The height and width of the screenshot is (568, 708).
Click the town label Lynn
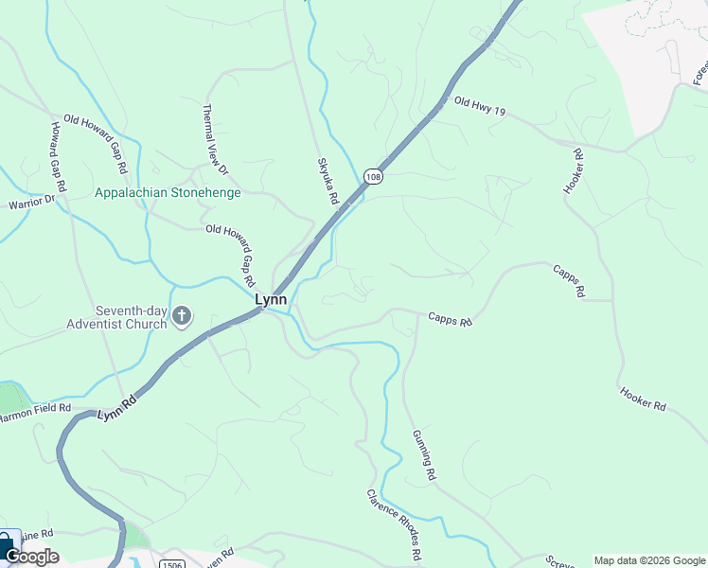[x=270, y=299]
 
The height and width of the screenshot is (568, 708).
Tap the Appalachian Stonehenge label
[x=168, y=192]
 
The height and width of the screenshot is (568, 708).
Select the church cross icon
[x=182, y=316]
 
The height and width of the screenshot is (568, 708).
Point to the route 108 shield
[x=373, y=177]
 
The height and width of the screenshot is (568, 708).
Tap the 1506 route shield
[x=171, y=562]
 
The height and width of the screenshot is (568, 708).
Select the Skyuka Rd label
[x=328, y=181]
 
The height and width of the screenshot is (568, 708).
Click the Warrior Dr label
[x=31, y=202]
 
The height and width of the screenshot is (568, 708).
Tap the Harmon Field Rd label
[x=35, y=412]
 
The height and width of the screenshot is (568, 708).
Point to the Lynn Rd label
[x=117, y=414]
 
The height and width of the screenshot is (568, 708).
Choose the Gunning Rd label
[x=423, y=455]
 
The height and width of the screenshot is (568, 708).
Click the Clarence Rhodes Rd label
[x=394, y=526]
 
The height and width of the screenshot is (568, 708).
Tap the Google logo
[x=32, y=557]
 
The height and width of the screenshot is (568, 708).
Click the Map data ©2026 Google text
[x=649, y=559]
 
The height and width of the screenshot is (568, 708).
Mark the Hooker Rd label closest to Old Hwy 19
[x=574, y=171]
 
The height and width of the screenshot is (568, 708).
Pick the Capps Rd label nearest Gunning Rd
[x=450, y=320]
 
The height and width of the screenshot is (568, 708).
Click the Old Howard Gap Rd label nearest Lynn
[x=231, y=257]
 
